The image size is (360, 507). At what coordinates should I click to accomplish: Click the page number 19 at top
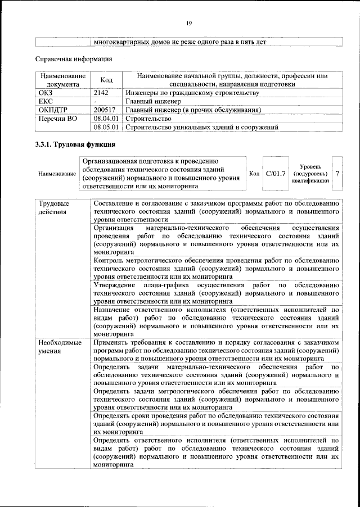click(189, 22)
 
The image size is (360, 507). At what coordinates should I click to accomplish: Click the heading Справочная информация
click(73, 58)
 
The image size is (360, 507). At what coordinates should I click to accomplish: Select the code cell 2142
click(101, 93)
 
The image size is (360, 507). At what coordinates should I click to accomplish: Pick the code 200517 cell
click(105, 110)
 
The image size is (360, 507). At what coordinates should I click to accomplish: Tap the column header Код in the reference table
click(106, 80)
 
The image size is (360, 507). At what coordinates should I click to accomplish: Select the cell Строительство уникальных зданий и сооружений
click(202, 128)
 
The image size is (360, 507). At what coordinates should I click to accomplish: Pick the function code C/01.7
click(276, 174)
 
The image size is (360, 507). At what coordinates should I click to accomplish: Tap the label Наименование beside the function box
click(57, 174)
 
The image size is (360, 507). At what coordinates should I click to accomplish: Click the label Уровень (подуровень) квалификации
click(310, 174)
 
